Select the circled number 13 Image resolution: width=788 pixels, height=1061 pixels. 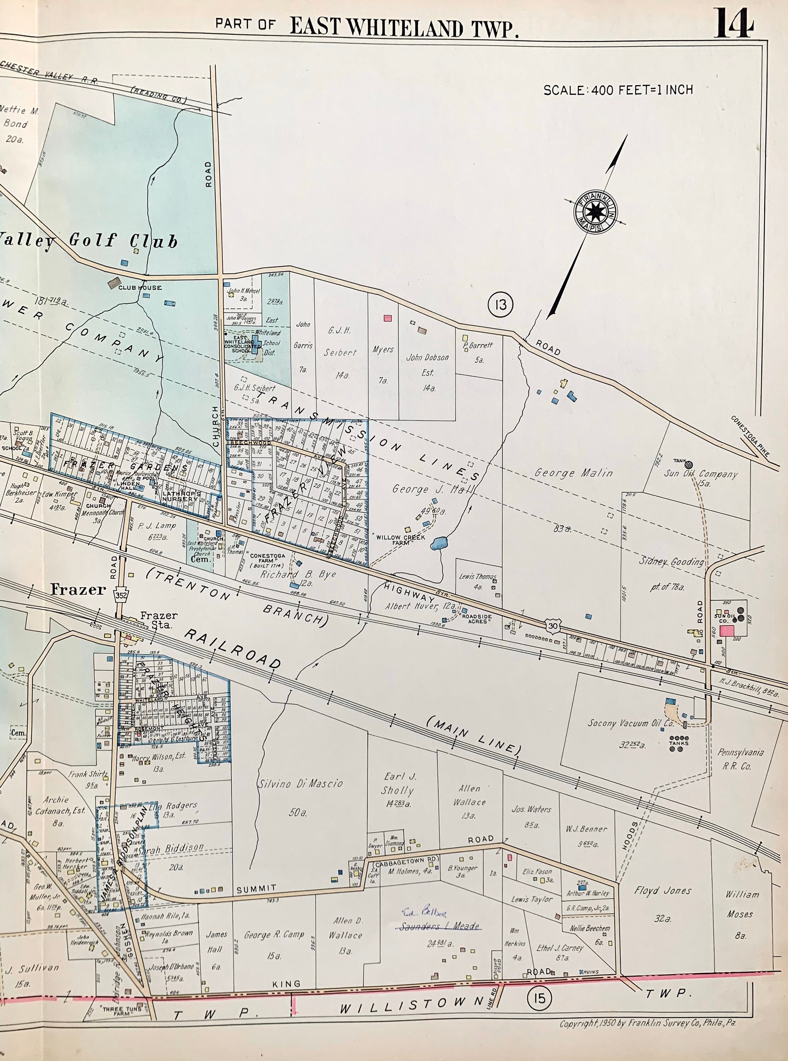click(500, 304)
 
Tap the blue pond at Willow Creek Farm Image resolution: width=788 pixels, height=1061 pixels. click(439, 543)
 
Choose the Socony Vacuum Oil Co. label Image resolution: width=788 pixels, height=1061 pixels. click(631, 723)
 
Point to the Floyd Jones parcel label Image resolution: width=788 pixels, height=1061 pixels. click(662, 890)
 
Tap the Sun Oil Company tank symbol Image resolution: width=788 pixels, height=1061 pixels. click(689, 464)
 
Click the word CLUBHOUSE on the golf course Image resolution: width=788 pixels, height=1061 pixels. click(140, 288)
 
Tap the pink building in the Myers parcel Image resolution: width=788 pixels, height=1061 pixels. click(388, 318)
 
